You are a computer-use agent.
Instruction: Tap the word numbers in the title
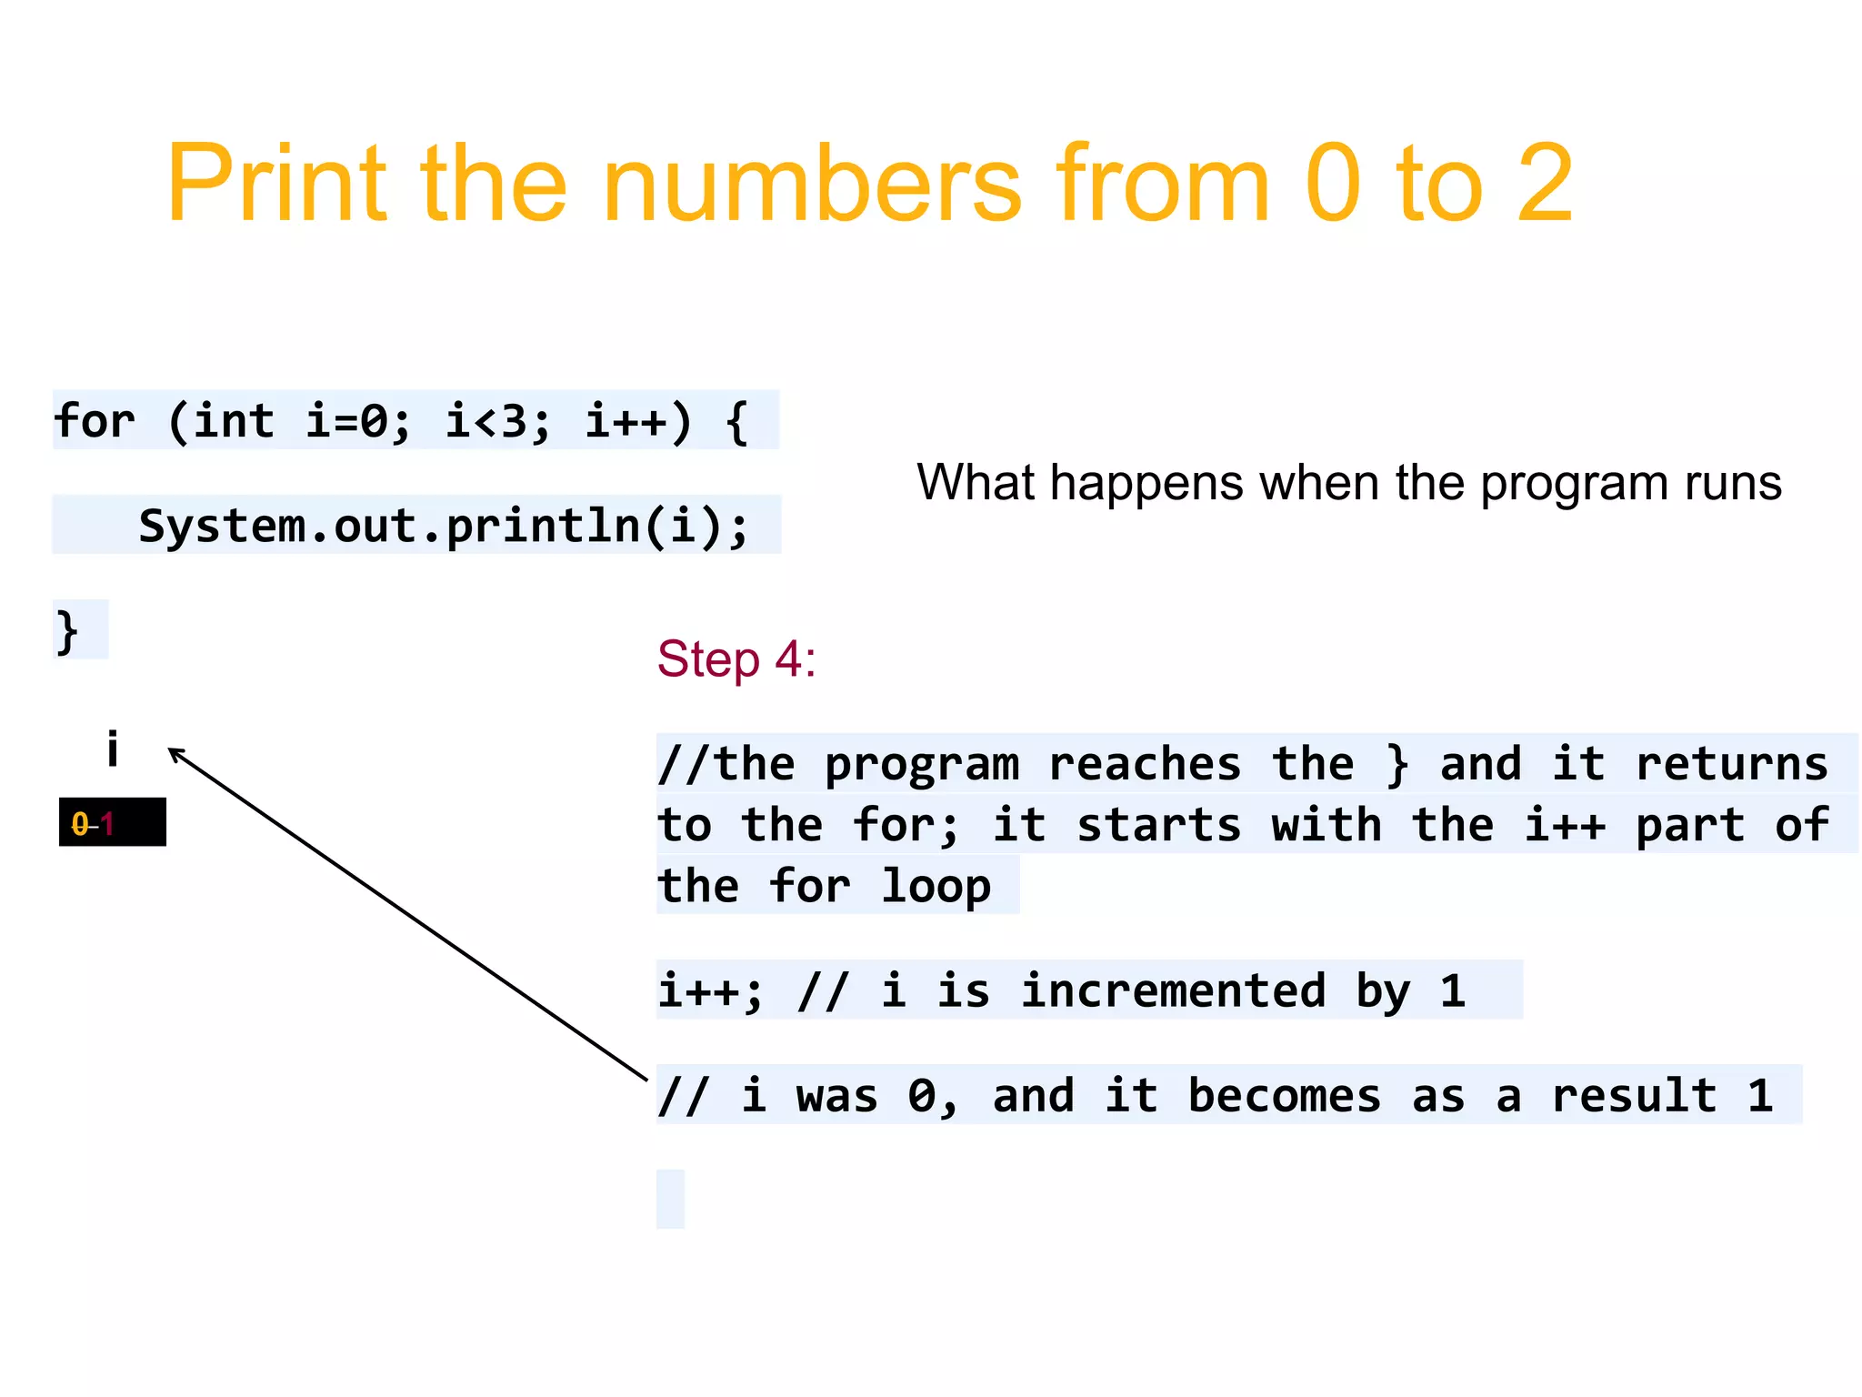pos(811,184)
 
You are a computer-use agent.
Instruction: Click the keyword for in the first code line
pos(95,421)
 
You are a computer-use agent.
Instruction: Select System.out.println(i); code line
pos(444,526)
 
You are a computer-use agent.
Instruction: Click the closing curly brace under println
pos(67,631)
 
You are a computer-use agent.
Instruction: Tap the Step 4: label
pos(736,658)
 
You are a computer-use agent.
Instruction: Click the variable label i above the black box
pos(112,749)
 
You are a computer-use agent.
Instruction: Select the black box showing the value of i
pos(113,822)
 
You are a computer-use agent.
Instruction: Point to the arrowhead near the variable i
pos(175,753)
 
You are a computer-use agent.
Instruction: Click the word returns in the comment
pos(1731,764)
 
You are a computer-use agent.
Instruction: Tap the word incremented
pos(1173,990)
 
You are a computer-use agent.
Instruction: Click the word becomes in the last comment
pos(1284,1095)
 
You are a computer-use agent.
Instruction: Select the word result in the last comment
pos(1634,1095)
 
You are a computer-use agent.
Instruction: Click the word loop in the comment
pos(936,886)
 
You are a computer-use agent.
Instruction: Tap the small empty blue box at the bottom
pos(670,1199)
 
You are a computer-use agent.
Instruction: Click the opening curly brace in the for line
pos(737,421)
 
